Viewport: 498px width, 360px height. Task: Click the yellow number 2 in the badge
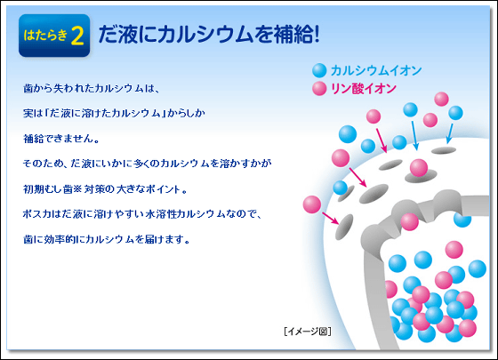pyautogui.click(x=77, y=36)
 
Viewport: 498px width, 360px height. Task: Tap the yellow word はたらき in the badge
pyautogui.click(x=45, y=35)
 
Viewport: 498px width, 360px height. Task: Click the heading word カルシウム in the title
pyautogui.click(x=205, y=35)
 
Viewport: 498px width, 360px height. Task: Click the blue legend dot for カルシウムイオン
pyautogui.click(x=319, y=70)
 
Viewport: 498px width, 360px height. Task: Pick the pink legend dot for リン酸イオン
pyautogui.click(x=319, y=89)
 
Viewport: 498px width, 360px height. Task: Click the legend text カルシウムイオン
pyautogui.click(x=376, y=70)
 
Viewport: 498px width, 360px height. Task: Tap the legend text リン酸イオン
pyautogui.click(x=364, y=89)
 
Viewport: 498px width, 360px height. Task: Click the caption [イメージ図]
pyautogui.click(x=308, y=332)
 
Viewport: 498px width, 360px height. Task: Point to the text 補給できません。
pyautogui.click(x=61, y=139)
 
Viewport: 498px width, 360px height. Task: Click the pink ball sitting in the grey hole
pyautogui.click(x=419, y=168)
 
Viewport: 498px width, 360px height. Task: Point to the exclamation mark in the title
pyautogui.click(x=316, y=35)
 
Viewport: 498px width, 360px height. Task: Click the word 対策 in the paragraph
pyautogui.click(x=94, y=189)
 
